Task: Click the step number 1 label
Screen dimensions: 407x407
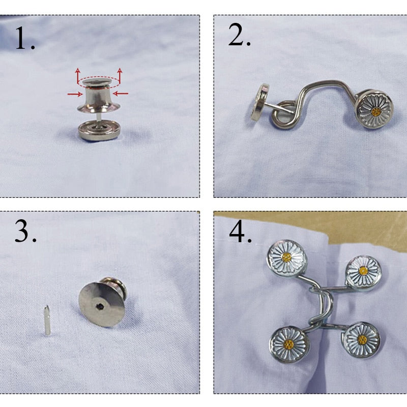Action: click(x=25, y=39)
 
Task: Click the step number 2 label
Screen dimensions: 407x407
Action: click(x=239, y=35)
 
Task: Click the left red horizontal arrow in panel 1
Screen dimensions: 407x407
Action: click(x=75, y=94)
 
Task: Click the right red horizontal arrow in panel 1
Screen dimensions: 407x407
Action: click(x=121, y=94)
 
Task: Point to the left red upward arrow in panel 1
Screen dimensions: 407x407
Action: click(x=78, y=76)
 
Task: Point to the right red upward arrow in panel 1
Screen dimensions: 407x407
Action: click(x=120, y=75)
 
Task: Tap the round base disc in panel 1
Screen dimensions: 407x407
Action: click(x=99, y=130)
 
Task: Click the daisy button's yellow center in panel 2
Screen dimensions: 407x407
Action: click(x=376, y=112)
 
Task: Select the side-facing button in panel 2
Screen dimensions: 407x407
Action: click(x=260, y=102)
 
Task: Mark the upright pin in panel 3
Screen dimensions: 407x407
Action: click(x=47, y=320)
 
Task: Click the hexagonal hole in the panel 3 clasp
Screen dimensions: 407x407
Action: click(x=100, y=307)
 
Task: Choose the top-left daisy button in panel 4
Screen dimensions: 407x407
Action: click(x=287, y=258)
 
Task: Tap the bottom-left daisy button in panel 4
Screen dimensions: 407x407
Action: click(x=289, y=344)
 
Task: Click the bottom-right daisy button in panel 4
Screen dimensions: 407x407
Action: click(x=362, y=339)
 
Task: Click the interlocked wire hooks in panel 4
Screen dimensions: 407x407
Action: click(x=322, y=306)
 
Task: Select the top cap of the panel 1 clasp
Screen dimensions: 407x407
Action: click(x=97, y=82)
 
